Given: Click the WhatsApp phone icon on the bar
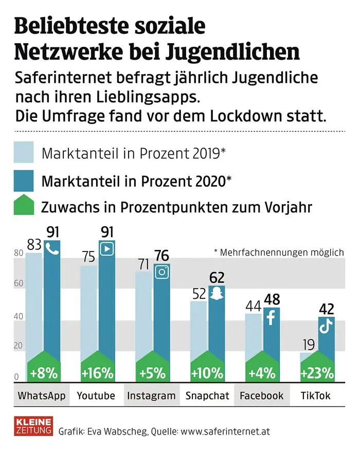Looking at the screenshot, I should (x=52, y=248).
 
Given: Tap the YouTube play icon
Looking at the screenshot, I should (x=107, y=248).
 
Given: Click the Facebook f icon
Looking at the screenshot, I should (x=272, y=317).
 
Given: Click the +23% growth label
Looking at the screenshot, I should (x=318, y=372).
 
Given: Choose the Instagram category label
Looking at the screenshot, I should (x=151, y=395).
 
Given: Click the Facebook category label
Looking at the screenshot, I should (x=261, y=395).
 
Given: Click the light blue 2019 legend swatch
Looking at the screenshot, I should (x=24, y=153).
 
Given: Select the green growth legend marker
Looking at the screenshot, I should (x=24, y=207).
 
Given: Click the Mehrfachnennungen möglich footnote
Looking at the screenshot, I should (x=278, y=252).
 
